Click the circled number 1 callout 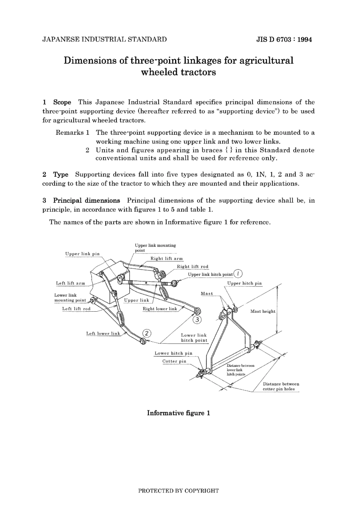point(238,273)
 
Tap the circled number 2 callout point(147,333)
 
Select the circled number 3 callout point(197,319)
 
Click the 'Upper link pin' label point(82,254)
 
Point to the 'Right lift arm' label point(167,259)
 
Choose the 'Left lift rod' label point(76,309)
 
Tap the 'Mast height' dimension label point(263,311)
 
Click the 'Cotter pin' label point(174,361)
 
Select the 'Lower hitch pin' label point(173,353)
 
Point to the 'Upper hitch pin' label point(244,283)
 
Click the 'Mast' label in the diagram point(207,293)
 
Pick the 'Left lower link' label point(103,334)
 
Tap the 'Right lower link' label point(160,309)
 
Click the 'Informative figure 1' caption point(178,413)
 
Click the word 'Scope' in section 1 point(62,102)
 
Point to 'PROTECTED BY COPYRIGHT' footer point(178,491)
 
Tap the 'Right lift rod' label point(193,267)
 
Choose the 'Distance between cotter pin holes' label point(281,386)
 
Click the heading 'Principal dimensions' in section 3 point(86,200)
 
